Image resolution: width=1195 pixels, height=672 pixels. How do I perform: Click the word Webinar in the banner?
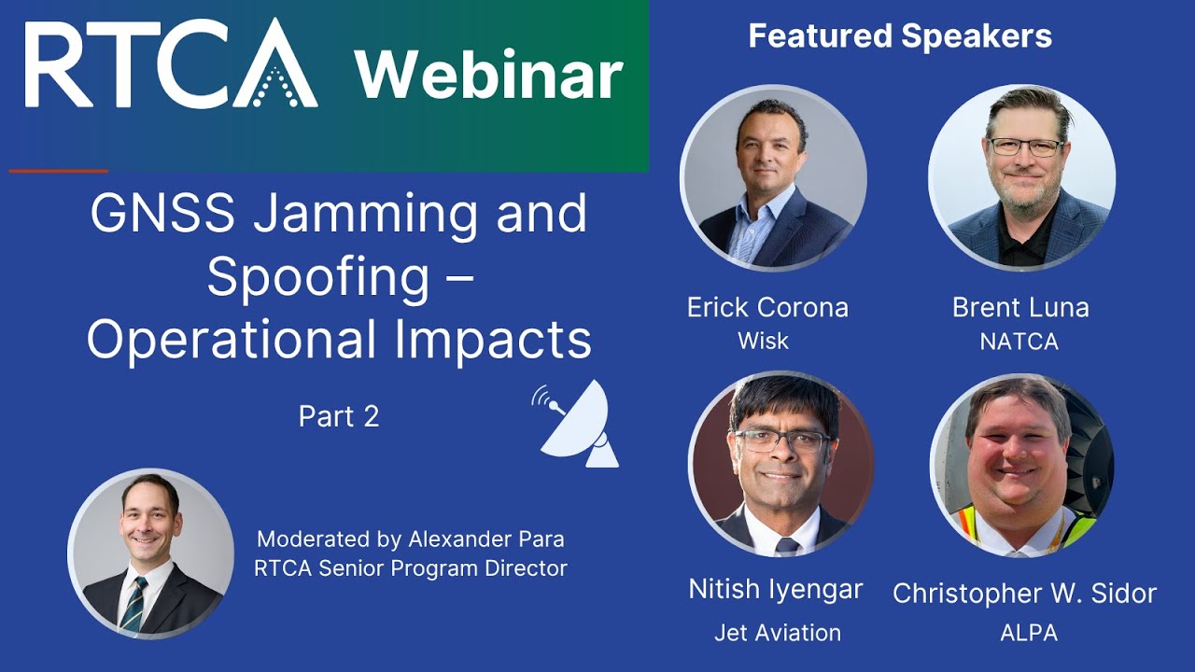488,74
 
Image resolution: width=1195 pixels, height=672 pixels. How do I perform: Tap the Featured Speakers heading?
900,36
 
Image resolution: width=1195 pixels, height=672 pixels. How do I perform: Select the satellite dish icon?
577,423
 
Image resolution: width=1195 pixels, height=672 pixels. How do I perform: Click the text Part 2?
339,416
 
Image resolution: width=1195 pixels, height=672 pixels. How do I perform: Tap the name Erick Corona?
767,307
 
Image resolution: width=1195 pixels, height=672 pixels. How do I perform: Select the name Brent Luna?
1020,307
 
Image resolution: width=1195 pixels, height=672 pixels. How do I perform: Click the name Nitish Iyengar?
775,589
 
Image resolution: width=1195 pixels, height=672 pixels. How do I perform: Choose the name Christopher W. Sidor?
1024,593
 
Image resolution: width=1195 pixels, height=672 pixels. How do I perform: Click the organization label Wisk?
763,341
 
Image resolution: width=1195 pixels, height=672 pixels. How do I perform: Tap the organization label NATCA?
1019,342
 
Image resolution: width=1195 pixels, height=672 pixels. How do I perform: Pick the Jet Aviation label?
778,633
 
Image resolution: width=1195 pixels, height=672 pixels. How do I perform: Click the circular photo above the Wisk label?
773,178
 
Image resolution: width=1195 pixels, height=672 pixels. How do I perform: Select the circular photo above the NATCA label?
1021,177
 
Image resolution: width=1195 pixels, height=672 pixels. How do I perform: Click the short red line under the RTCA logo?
58,171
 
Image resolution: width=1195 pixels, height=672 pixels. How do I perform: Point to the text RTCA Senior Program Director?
411,567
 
